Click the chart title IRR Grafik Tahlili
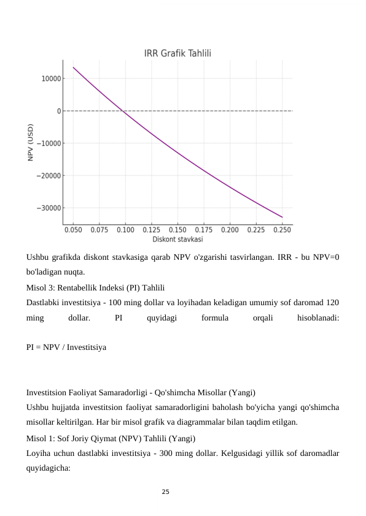[x=178, y=53]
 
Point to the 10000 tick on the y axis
[x=51, y=78]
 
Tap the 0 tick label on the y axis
[x=58, y=111]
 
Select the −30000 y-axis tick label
[x=49, y=208]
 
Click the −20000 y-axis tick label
[x=49, y=175]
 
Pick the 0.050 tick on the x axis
[x=73, y=230]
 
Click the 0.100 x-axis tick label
[x=125, y=230]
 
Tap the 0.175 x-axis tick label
[x=204, y=230]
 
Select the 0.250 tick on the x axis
[x=282, y=230]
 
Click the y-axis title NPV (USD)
[x=31, y=143]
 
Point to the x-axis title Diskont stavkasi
[x=178, y=238]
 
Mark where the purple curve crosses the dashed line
[x=123, y=111]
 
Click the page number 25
[x=165, y=491]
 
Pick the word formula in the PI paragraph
[x=215, y=318]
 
